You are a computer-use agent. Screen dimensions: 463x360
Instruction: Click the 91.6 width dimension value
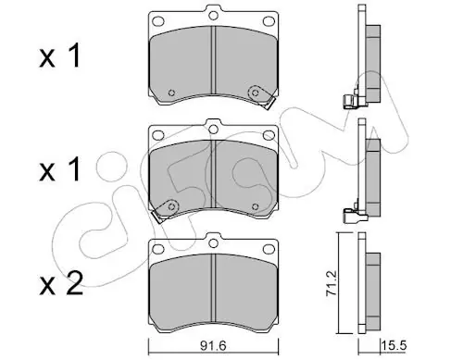pos(213,345)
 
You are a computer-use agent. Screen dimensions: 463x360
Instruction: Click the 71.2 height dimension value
pos(332,283)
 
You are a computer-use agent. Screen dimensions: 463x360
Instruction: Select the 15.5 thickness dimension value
pos(394,345)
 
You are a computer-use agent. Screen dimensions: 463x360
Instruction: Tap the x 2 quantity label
pos(61,283)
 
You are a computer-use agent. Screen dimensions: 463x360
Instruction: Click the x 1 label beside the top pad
pos(60,56)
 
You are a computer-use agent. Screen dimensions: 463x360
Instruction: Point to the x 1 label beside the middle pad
pos(60,169)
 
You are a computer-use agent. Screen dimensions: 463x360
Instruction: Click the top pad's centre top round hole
pos(213,16)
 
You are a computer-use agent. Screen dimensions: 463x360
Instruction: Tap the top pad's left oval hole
pos(158,21)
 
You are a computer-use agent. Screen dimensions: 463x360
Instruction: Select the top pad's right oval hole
pos(269,21)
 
